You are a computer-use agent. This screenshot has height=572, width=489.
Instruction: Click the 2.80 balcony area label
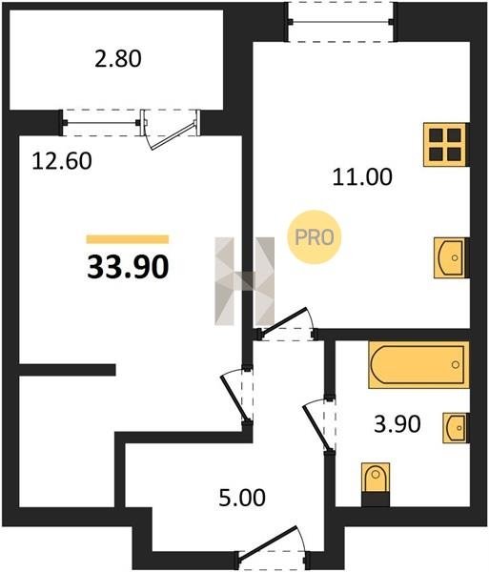point(118,59)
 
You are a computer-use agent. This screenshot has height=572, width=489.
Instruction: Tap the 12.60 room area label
point(62,161)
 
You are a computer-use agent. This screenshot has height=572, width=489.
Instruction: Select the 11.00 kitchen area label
point(362,177)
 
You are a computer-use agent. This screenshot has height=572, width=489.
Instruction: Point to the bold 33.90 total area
point(128,267)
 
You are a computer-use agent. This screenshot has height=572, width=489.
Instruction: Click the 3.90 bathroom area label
point(397,424)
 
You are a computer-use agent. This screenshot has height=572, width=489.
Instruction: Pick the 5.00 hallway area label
point(242,498)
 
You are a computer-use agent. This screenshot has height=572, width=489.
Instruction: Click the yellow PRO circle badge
point(314,237)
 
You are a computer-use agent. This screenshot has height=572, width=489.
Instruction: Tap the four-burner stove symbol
point(445,145)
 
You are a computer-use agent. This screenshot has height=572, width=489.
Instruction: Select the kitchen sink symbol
point(451,258)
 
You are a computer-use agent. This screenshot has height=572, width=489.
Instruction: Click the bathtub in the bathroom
point(418,365)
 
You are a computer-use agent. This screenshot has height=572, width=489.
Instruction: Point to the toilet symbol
point(376,484)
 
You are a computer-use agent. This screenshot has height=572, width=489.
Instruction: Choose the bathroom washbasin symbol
point(456,428)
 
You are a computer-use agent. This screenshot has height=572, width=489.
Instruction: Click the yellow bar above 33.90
point(128,239)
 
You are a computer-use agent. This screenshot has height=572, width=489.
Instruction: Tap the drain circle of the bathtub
point(456,364)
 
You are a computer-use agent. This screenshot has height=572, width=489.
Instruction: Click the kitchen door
point(285,321)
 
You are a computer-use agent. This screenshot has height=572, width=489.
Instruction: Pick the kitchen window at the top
point(340,22)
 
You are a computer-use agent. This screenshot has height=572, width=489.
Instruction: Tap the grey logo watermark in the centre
point(244,281)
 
